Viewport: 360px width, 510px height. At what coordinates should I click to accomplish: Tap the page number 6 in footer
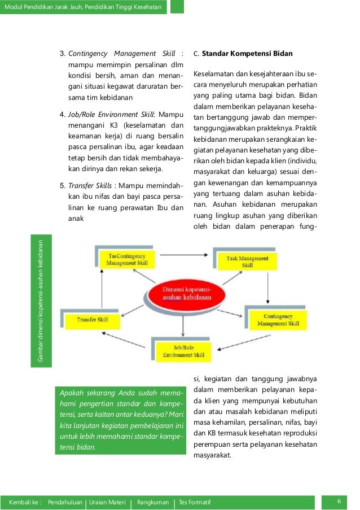click(339, 502)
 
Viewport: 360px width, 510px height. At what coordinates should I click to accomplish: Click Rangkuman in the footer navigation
click(152, 502)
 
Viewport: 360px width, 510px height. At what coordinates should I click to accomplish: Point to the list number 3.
click(63, 54)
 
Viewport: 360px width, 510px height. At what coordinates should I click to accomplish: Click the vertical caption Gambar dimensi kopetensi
click(41, 299)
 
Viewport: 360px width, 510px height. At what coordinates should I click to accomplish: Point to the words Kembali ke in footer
click(25, 502)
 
